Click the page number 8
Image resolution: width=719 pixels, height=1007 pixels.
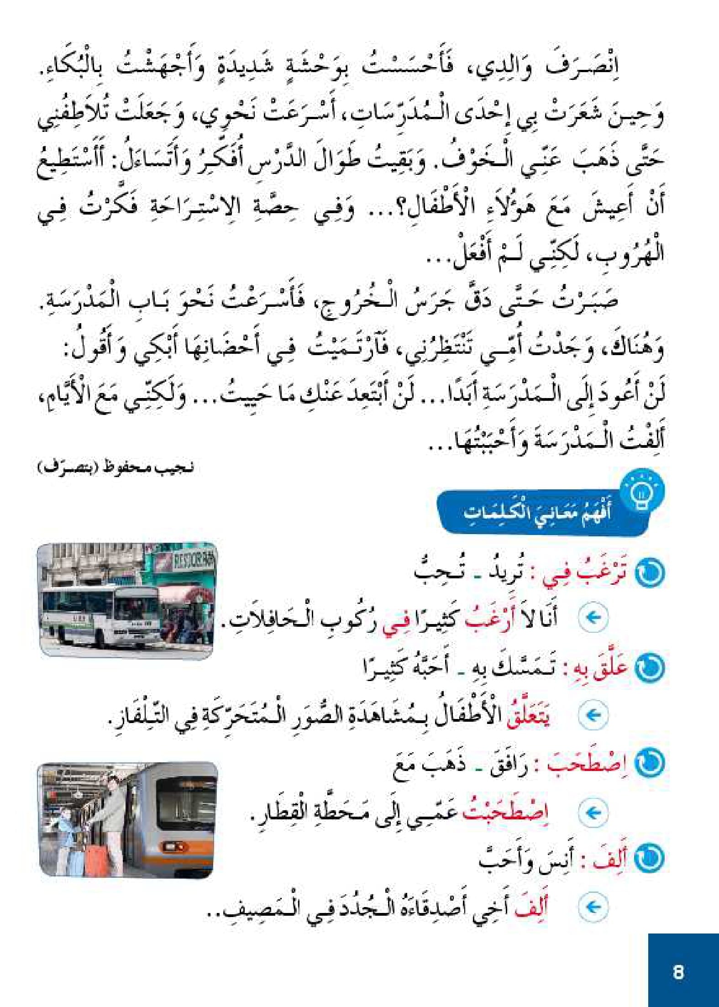(x=678, y=972)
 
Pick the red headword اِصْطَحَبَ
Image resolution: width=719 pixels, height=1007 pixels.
(x=589, y=766)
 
